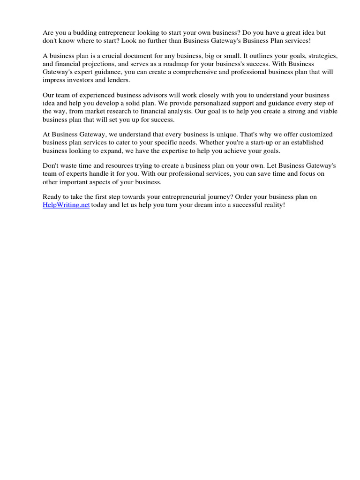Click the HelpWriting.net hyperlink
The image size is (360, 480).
point(66,205)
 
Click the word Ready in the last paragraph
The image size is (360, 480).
point(52,197)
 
